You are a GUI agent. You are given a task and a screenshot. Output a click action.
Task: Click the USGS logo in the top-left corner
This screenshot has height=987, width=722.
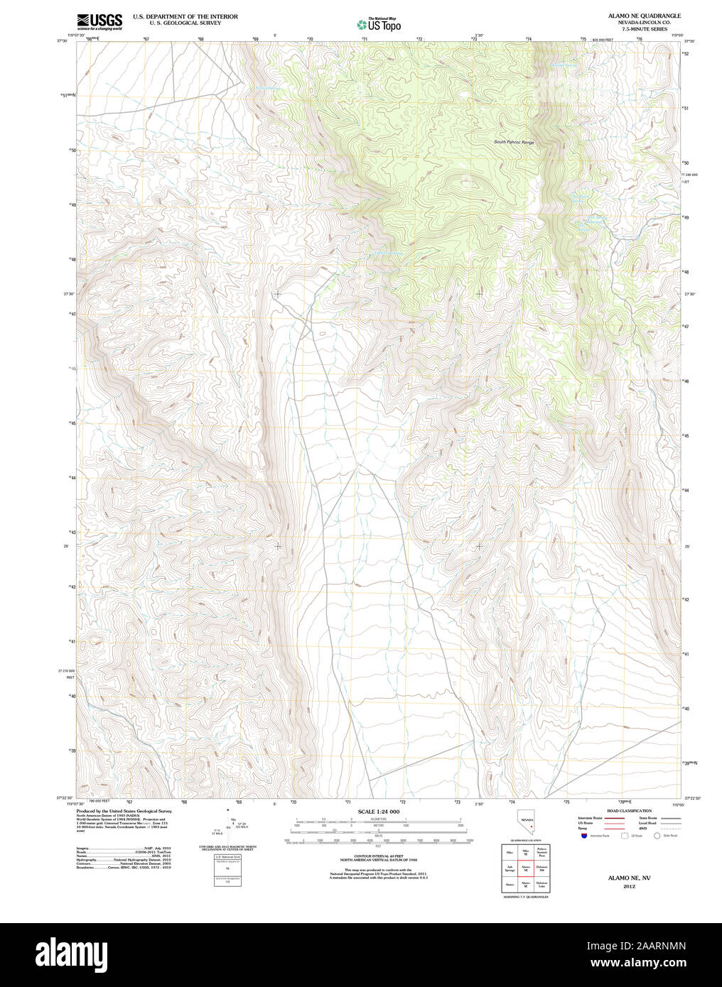99,21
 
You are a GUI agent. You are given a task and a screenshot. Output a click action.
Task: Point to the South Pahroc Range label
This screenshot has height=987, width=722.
514,142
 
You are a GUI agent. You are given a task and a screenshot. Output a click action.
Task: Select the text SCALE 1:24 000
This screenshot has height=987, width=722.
378,812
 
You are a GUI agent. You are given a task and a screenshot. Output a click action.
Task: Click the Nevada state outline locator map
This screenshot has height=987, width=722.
527,822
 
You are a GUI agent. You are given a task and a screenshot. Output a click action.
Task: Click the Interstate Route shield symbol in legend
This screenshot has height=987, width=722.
584,836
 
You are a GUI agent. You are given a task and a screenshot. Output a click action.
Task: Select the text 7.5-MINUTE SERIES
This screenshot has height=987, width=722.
644,29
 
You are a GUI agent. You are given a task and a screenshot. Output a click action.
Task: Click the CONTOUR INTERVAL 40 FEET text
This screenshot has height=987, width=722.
378,856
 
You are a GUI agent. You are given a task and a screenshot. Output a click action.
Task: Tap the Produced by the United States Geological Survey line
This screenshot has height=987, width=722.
124,811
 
